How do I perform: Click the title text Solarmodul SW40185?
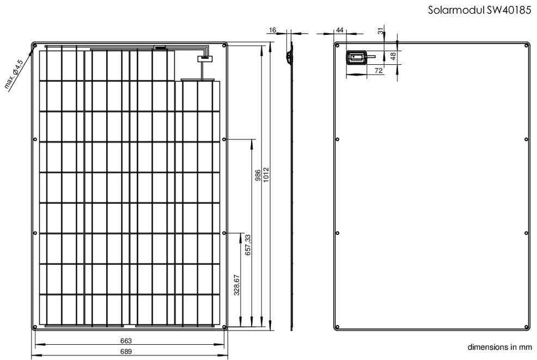pos(479,10)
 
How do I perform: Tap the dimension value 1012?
pos(266,175)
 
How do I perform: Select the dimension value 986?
pos(258,175)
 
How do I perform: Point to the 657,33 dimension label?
pos(248,244)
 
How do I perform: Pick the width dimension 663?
pos(126,341)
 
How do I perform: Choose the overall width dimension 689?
pos(126,351)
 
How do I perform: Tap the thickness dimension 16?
pos(273,30)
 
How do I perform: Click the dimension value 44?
pos(339,30)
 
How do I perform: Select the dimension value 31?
pos(381,31)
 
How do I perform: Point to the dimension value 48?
pos(393,56)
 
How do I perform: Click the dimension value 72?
pos(379,71)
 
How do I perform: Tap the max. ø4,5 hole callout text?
pos(14,74)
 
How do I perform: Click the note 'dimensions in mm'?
pos(499,347)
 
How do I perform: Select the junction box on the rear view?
pos(357,58)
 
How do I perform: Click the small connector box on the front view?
pos(205,59)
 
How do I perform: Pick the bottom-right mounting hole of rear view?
pos(526,327)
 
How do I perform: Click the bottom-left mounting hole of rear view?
pos(337,327)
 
